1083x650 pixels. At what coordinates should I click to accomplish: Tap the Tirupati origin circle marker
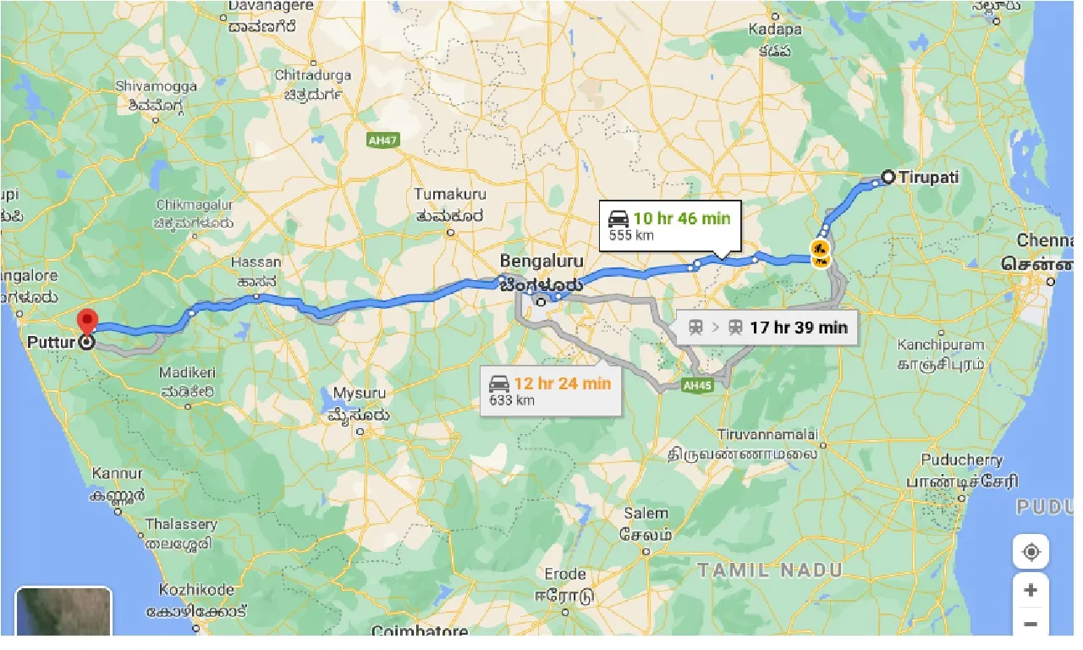point(888,178)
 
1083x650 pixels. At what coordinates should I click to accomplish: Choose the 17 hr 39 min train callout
point(767,328)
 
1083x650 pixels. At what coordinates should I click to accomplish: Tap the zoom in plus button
point(1031,590)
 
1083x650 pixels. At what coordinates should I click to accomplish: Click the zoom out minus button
point(1031,625)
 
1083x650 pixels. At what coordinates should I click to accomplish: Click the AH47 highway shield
point(383,140)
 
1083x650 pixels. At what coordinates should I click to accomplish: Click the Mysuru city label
point(359,394)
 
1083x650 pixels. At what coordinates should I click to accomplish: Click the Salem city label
point(646,514)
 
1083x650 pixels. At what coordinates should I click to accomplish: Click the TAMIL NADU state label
point(770,570)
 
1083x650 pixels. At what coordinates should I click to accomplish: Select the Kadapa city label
point(775,30)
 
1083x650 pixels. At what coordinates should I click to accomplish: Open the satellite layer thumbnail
point(63,611)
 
